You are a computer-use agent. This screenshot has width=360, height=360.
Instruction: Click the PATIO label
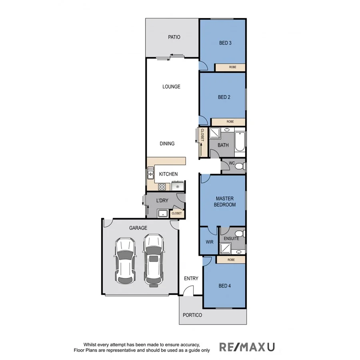174,37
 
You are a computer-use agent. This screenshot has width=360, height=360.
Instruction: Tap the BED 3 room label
225,43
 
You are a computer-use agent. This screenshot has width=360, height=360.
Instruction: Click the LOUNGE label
171,86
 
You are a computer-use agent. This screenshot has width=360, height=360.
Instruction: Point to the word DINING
167,144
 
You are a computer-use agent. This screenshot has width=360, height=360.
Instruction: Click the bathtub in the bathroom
240,142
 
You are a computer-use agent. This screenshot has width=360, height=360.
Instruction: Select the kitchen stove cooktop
162,186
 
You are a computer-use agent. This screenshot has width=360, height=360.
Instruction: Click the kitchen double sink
150,174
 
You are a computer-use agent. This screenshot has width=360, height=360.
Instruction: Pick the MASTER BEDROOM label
225,202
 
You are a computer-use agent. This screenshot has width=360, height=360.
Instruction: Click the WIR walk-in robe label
210,242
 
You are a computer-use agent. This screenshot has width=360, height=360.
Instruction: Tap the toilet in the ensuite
239,234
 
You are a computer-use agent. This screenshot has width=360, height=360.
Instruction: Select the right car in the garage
153,260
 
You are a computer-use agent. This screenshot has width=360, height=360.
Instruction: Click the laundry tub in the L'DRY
162,213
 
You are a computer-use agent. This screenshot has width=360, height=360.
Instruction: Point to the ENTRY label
191,278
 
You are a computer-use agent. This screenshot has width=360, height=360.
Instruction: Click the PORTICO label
192,315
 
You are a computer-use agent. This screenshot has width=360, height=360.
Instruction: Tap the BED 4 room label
225,286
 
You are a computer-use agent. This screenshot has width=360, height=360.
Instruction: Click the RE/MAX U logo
247,347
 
